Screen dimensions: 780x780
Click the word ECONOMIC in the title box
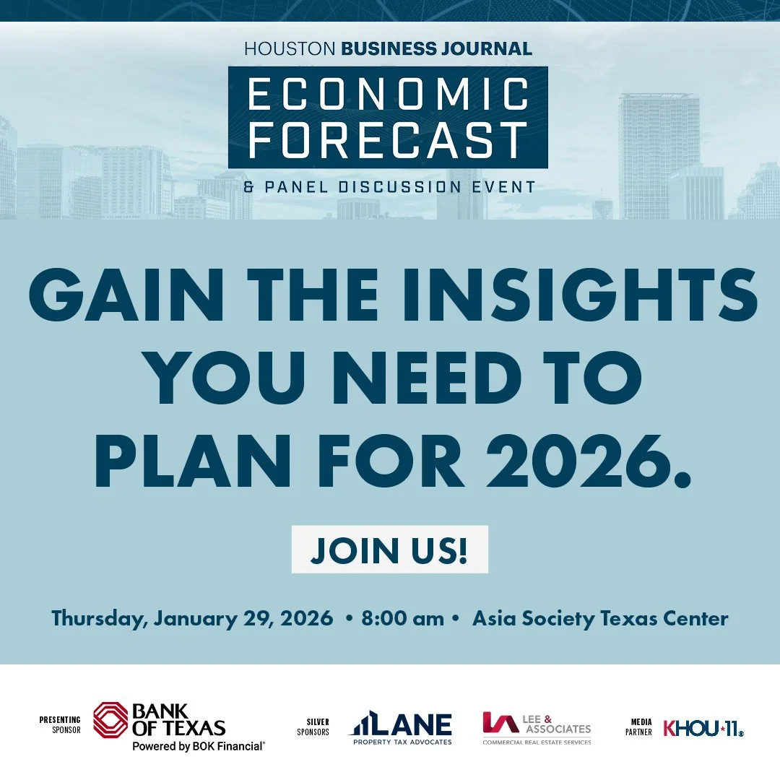[388, 95]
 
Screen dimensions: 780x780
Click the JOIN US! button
[389, 550]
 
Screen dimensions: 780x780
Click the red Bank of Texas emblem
[110, 720]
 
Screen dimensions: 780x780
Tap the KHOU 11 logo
[703, 728]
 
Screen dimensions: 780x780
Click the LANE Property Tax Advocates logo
[402, 729]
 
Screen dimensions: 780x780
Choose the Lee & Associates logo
[537, 728]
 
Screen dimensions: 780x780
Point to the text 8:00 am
[403, 619]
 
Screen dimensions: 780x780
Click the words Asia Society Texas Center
[600, 619]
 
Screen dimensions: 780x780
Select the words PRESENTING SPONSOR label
[60, 724]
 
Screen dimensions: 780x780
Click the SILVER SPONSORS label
[313, 727]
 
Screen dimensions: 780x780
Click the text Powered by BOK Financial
[198, 746]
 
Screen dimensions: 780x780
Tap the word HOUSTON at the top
[289, 49]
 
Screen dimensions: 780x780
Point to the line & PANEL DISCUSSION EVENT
[389, 187]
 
